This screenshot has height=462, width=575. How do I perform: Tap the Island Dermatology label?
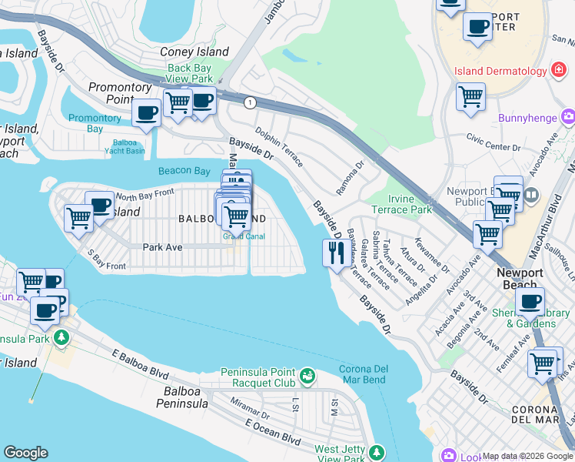[500, 72]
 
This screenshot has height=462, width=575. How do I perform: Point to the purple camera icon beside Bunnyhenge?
[568, 117]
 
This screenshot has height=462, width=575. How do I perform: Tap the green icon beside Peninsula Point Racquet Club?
[307, 376]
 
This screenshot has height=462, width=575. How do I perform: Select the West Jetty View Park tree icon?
[376, 451]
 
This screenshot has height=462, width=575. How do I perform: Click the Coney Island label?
[194, 52]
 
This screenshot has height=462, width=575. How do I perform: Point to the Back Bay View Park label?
[190, 73]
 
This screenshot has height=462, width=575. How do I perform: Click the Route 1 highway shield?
[249, 102]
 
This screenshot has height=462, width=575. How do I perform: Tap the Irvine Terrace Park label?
[401, 204]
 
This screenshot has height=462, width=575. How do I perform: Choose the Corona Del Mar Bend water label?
[363, 374]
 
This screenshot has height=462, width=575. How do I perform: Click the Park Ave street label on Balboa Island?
[162, 247]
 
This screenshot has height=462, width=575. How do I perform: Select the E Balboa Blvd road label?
[139, 364]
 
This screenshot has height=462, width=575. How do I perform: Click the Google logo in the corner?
[25, 453]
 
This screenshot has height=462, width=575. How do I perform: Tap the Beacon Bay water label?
[184, 171]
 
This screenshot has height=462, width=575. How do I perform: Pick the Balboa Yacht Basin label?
[125, 146]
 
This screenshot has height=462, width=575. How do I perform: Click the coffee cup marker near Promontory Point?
[145, 112]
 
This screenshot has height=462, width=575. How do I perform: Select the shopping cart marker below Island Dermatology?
[470, 97]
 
